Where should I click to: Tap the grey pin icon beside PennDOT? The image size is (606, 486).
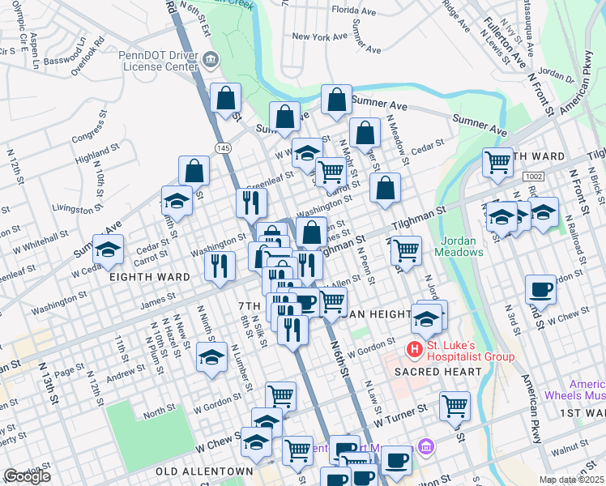[211, 58]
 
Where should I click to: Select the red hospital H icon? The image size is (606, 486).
[415, 350]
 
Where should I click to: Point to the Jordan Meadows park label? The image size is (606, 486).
[463, 246]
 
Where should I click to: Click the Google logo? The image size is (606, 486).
[28, 475]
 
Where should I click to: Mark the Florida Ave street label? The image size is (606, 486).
[354, 12]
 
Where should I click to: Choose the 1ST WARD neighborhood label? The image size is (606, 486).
[579, 413]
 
